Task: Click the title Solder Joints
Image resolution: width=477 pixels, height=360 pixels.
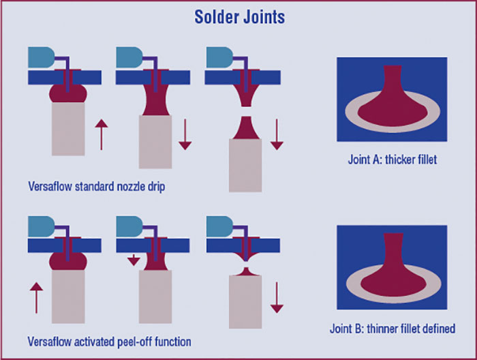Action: tap(238, 17)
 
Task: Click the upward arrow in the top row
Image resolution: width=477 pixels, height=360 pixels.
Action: tap(100, 133)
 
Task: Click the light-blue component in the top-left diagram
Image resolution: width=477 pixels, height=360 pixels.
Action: tap(40, 58)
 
